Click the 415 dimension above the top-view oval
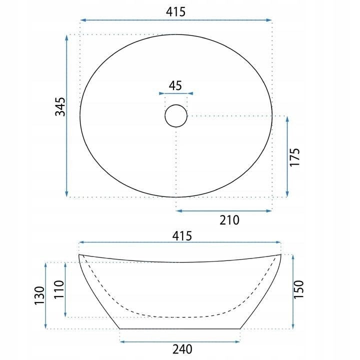tap(175, 11)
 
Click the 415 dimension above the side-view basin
tap(182, 236)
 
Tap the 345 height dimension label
tap(60, 106)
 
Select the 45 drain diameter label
tap(175, 85)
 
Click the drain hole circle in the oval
tap(176, 104)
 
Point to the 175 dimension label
tap(295, 157)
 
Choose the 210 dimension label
tap(229, 220)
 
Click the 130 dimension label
tap(39, 295)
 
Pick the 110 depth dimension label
tap(59, 289)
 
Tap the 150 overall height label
tap(298, 289)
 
